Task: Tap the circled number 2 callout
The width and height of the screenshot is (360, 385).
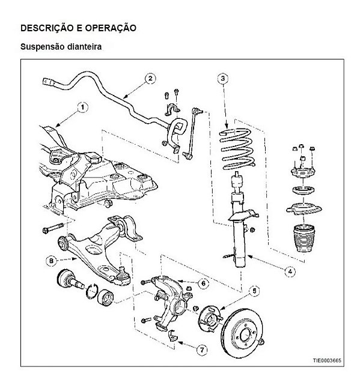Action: tap(150, 78)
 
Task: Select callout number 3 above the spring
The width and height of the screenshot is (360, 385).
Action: tap(222, 78)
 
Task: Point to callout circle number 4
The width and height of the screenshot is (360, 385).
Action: tap(290, 271)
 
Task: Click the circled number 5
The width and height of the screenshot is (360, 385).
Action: tap(255, 292)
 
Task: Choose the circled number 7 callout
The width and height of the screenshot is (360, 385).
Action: tap(201, 348)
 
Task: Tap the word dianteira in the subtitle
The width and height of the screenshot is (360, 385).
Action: tap(82, 46)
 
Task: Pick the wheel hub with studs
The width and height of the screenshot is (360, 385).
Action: tap(209, 317)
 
